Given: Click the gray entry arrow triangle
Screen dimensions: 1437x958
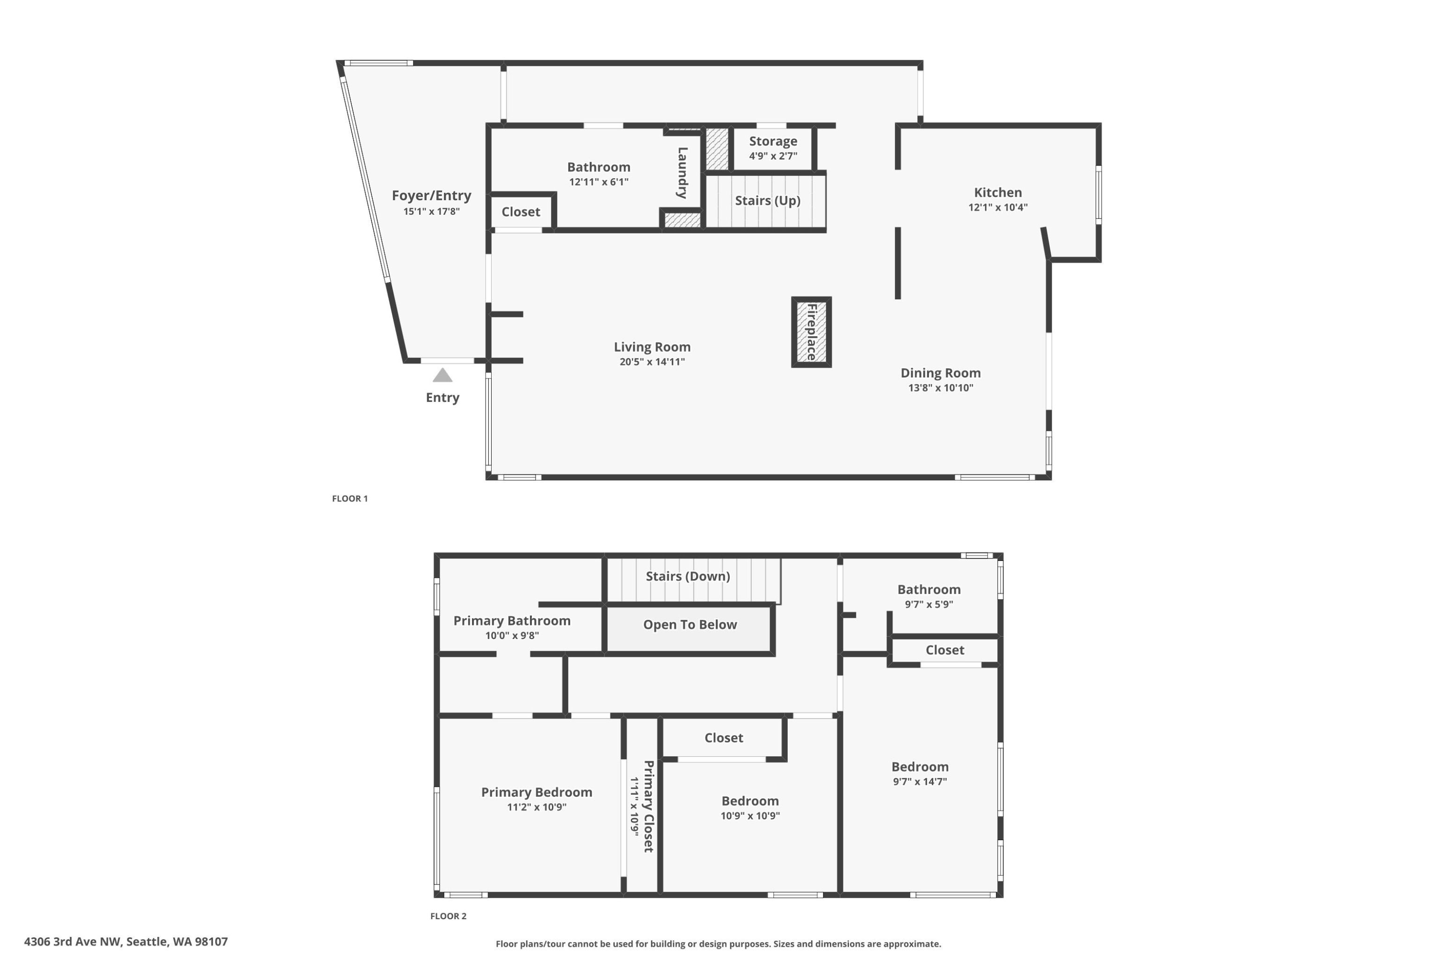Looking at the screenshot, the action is pos(443,375).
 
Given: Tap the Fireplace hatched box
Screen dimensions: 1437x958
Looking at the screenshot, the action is pos(812,332).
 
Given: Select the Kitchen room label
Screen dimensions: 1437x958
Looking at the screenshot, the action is pos(998,192).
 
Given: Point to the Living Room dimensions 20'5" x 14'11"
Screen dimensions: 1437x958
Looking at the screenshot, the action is pos(652,362).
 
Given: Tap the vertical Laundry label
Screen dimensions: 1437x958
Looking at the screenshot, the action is pos(682,173).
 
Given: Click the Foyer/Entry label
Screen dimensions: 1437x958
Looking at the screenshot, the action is pos(431,196).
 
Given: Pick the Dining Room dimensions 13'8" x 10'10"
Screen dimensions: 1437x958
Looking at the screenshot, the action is pos(940,387).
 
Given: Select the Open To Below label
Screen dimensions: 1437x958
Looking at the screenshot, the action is pos(690,624).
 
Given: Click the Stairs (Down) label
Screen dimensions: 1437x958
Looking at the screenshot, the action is pos(688,576).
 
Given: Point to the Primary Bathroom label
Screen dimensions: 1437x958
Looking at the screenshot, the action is pos(512,621).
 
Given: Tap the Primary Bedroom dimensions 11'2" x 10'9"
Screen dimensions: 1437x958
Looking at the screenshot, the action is pos(537,807).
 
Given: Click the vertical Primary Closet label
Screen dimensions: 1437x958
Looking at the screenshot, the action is pos(648,806).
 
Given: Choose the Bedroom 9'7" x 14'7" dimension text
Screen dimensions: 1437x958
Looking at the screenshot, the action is pos(920,782).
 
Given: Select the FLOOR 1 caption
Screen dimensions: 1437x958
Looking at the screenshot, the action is pos(349,499).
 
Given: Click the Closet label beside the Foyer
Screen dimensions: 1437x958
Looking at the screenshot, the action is pos(521,212).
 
